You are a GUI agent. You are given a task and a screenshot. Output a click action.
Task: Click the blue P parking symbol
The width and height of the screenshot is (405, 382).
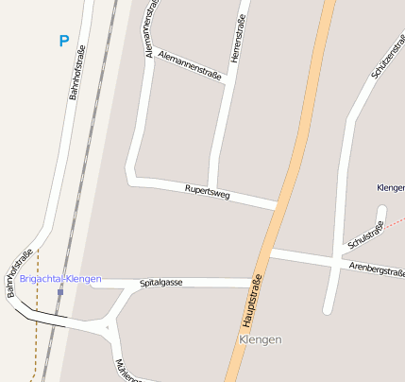click(63, 42)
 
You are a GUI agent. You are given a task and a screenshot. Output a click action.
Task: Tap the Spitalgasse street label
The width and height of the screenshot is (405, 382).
click(160, 283)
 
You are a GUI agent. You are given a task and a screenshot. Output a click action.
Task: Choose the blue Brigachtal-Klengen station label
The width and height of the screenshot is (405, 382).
click(60, 280)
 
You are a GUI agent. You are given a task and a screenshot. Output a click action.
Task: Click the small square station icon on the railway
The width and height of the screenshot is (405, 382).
click(60, 292)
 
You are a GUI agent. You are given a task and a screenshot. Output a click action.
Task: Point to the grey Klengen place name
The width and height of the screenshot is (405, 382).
click(261, 339)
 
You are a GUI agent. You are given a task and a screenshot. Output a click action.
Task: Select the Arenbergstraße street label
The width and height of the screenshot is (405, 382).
click(377, 271)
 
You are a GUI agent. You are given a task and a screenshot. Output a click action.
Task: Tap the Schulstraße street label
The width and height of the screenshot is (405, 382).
click(366, 234)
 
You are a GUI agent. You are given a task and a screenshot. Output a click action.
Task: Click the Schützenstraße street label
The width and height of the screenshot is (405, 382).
click(388, 56)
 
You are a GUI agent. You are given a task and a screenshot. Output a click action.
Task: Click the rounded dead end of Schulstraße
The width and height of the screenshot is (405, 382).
click(381, 211)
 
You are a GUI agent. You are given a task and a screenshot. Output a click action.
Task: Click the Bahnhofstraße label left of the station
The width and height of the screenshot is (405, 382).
click(20, 272)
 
